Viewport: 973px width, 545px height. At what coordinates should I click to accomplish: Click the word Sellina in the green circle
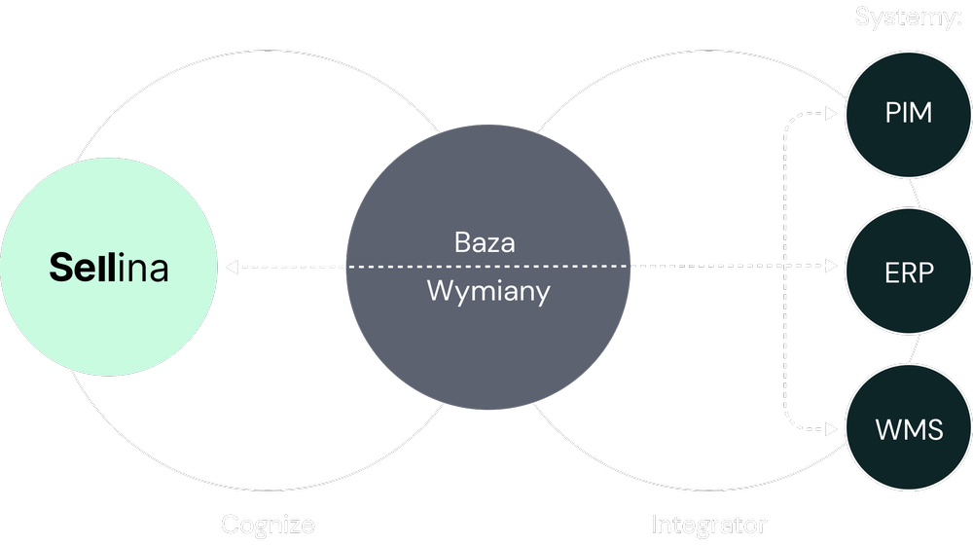(109, 269)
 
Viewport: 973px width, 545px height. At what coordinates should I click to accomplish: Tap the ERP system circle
(908, 272)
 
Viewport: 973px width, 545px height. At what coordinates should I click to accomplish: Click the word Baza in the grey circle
(485, 241)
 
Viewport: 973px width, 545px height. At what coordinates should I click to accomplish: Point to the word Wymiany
(488, 290)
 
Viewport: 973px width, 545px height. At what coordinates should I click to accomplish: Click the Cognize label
(268, 526)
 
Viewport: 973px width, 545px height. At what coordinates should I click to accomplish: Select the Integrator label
(708, 526)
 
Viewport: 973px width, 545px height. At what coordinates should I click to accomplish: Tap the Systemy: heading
(908, 17)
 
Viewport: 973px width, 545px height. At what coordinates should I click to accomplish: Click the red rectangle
(701, 232)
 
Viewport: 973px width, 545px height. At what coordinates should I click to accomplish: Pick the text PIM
(909, 113)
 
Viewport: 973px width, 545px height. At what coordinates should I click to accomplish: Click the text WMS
(909, 429)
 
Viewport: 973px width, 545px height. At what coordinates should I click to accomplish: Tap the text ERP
(909, 273)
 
